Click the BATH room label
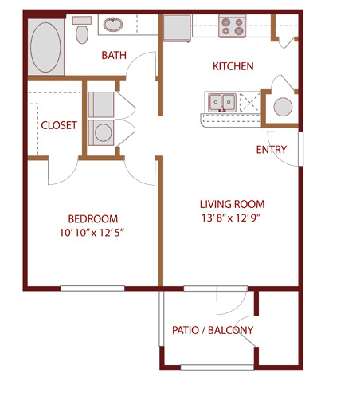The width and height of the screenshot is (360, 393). coord(114,55)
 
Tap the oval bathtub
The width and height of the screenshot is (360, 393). coord(45,47)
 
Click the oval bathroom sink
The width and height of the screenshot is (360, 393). coord(113,25)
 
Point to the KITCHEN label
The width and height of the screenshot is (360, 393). coord(233,66)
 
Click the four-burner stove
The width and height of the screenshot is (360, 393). coord(232,26)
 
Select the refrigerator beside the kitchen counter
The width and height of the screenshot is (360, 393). coord(177,29)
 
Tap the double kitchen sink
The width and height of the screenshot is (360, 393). coord(222,102)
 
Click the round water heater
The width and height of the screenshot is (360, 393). coord(283,107)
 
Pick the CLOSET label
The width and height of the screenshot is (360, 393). coord(59,125)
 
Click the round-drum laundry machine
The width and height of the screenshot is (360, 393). coord(101,132)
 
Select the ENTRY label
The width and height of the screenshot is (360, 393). coord(272,150)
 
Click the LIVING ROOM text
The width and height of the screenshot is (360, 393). coord(233,204)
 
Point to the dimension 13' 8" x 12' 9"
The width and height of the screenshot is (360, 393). coord(231,218)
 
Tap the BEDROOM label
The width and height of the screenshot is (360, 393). coord(93,219)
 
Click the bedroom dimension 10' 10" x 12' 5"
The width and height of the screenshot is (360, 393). coord(92,233)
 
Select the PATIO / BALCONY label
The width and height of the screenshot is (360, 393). coord(213,330)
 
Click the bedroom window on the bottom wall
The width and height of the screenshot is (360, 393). coord(92,289)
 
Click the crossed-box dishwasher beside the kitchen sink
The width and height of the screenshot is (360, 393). coord(250,102)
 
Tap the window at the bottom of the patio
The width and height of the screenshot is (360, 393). coord(217,367)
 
